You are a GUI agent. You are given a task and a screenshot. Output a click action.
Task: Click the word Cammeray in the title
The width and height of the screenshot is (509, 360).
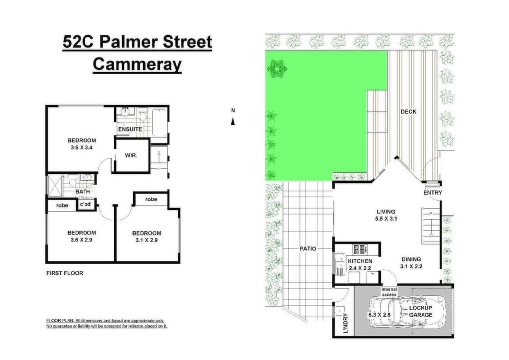tap(137, 64)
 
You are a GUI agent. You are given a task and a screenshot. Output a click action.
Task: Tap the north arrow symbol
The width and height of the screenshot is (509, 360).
tap(233, 121)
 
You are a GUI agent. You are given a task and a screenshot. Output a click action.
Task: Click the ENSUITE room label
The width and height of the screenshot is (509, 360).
tap(130, 129)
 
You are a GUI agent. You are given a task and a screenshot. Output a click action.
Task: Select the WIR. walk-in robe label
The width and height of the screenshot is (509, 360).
tap(131, 155)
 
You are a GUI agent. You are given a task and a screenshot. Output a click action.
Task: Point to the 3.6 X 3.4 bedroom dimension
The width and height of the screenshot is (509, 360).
tap(82, 147)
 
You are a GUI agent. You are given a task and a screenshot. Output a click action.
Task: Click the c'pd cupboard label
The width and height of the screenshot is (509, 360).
tap(85, 205)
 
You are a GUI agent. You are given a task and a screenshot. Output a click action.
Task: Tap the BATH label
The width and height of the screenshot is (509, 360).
tap(83, 192)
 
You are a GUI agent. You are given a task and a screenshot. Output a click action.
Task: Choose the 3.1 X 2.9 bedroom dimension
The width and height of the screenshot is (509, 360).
tap(147, 240)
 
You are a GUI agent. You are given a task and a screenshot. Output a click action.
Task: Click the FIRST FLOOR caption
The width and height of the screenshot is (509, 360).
tap(65, 273)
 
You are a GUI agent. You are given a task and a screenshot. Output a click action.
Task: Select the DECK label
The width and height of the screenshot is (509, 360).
tap(408, 112)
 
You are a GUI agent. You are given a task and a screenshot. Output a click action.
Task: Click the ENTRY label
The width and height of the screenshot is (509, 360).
tap(433, 193)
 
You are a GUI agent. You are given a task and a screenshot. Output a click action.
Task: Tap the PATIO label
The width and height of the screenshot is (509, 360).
tap(308, 249)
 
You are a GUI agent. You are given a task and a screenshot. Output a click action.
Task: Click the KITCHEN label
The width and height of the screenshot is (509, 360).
tap(360, 261)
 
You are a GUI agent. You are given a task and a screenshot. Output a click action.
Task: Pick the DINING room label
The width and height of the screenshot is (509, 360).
tap(411, 259)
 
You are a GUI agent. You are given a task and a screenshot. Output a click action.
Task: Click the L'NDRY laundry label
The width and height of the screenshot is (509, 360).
tap(346, 323)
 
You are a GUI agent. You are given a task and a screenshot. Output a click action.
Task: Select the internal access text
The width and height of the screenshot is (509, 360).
tap(389, 292)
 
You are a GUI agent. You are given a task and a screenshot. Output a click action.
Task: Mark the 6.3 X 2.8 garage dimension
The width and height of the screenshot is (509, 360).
tap(379, 315)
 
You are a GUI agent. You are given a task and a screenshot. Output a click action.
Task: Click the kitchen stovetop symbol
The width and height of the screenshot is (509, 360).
tap(360, 249)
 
